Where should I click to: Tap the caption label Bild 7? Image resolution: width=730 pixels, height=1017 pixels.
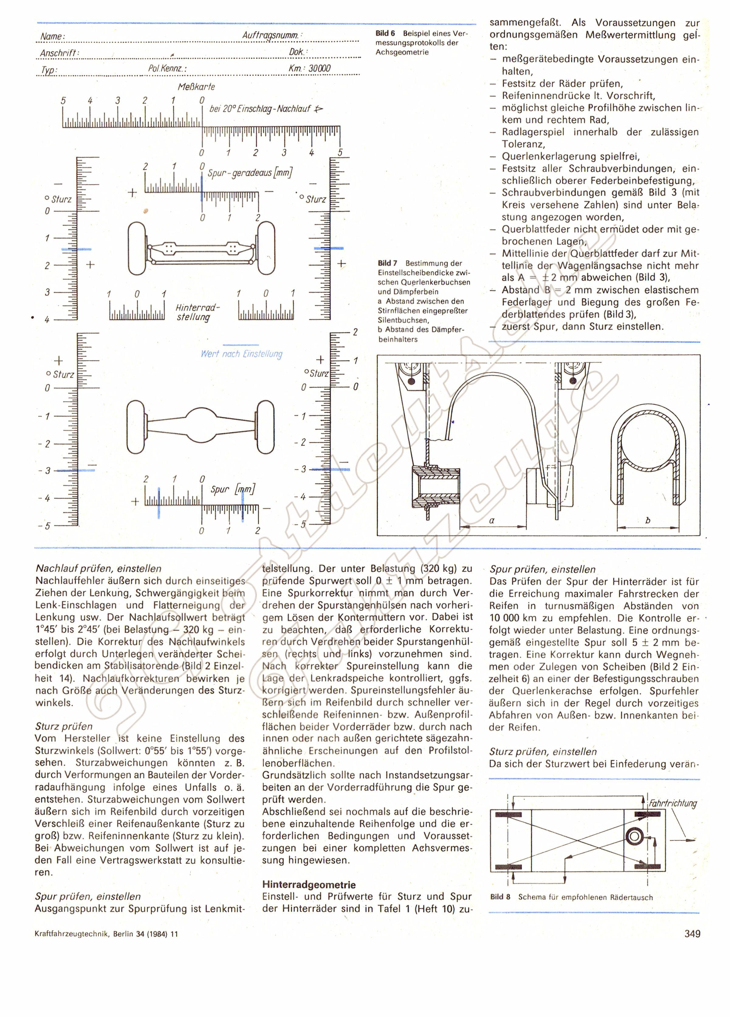click(x=387, y=263)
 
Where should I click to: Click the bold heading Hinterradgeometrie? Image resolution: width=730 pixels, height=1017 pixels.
click(x=309, y=885)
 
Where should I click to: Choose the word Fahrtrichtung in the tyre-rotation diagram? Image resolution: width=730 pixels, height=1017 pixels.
click(x=673, y=803)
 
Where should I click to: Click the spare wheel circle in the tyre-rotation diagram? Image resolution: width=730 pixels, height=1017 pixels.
click(x=636, y=837)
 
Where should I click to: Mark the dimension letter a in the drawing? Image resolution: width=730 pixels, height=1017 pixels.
click(x=492, y=521)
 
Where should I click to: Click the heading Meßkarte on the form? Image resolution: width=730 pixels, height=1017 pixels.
click(x=197, y=87)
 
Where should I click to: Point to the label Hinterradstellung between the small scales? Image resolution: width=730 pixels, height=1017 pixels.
click(x=197, y=313)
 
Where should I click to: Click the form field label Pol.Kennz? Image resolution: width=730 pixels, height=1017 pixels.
click(x=167, y=69)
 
